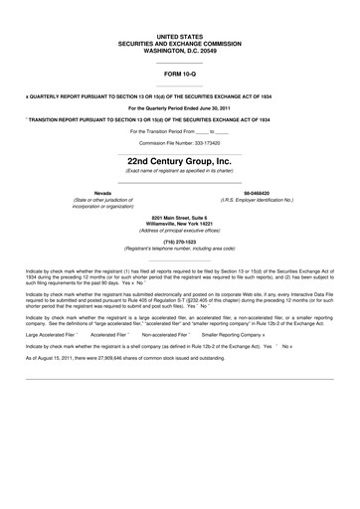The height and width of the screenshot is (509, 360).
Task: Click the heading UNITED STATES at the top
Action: click(179, 36)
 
